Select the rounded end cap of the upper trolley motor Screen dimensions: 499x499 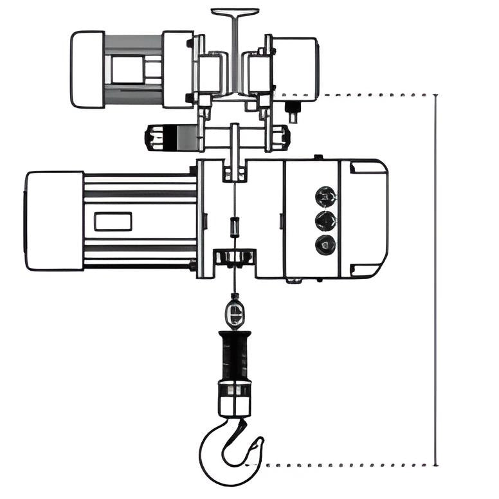[87, 69]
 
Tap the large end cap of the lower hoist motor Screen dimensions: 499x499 [55, 221]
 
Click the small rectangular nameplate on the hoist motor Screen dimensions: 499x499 [113, 222]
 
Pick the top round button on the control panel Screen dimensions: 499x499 [325, 194]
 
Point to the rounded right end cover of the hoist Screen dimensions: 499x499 [368, 219]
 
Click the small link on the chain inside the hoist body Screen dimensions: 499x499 [235, 226]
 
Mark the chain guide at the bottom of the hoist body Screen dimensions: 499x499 [234, 257]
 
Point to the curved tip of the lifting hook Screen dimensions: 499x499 [257, 444]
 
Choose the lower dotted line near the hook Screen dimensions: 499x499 [347, 464]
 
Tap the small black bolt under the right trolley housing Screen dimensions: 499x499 [293, 113]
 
